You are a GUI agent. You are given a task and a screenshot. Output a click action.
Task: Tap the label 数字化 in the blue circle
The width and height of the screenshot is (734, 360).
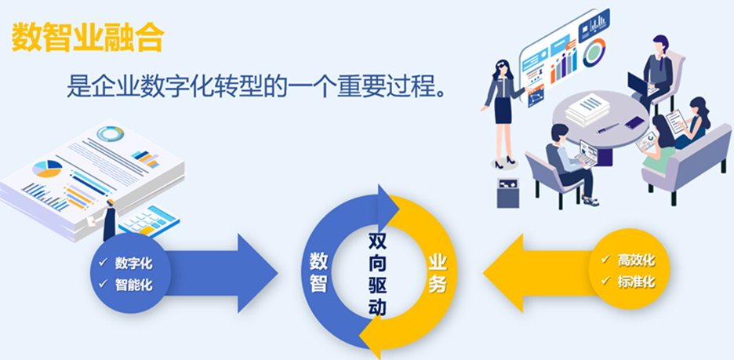point(133,262)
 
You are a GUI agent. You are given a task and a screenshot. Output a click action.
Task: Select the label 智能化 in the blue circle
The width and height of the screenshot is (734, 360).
point(133,285)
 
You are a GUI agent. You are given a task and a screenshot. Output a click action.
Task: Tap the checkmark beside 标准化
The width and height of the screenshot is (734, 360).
point(605,282)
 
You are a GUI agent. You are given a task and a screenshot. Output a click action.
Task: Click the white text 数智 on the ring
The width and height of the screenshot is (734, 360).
point(318,271)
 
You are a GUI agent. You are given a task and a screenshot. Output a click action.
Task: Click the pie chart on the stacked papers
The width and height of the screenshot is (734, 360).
point(46,168)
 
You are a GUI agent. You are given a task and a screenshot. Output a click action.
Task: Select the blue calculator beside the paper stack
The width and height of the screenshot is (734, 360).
point(148,219)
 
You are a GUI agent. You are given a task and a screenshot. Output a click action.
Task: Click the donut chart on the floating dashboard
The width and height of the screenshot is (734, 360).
point(594,50)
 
